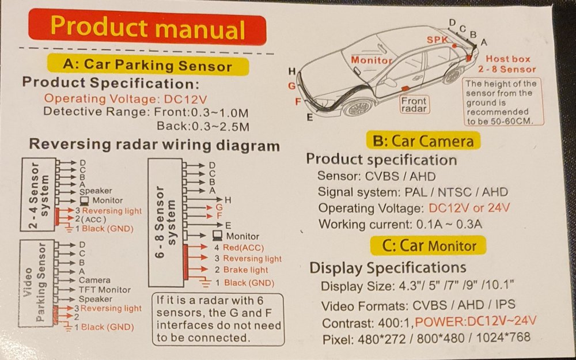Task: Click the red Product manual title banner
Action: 147,28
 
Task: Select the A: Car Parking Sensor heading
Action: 147,65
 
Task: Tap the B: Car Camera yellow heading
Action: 423,141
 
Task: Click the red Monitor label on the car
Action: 372,60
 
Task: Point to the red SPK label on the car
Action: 437,40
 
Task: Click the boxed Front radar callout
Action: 414,104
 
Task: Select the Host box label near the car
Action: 507,59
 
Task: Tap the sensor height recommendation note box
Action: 502,102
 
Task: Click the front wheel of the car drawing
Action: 358,107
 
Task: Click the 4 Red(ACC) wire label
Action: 239,248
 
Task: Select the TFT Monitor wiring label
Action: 105,290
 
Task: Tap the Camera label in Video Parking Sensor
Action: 94,281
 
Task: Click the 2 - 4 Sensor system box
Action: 39,194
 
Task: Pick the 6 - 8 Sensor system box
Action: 166,222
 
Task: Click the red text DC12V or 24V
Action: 469,208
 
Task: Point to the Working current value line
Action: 400,224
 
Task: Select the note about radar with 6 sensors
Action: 218,319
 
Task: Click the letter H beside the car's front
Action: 292,71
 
